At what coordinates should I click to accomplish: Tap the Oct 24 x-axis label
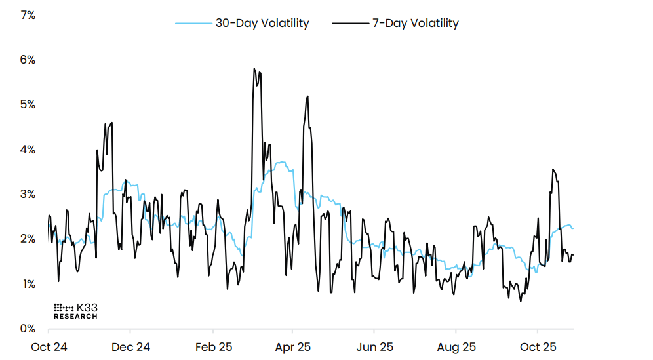click(49, 346)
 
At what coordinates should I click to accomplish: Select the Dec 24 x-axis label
click(130, 346)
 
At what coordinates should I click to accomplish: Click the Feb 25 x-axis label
click(212, 346)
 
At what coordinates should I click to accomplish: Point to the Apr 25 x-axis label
click(292, 346)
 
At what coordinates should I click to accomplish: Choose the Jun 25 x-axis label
click(374, 346)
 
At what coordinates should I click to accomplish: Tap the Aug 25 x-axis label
click(456, 346)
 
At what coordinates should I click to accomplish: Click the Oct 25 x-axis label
click(538, 346)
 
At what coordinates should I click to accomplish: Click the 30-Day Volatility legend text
click(262, 23)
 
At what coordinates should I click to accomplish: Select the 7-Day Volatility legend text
click(416, 23)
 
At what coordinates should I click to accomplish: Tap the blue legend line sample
click(193, 24)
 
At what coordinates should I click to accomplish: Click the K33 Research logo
click(75, 311)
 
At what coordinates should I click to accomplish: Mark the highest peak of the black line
click(254, 68)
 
